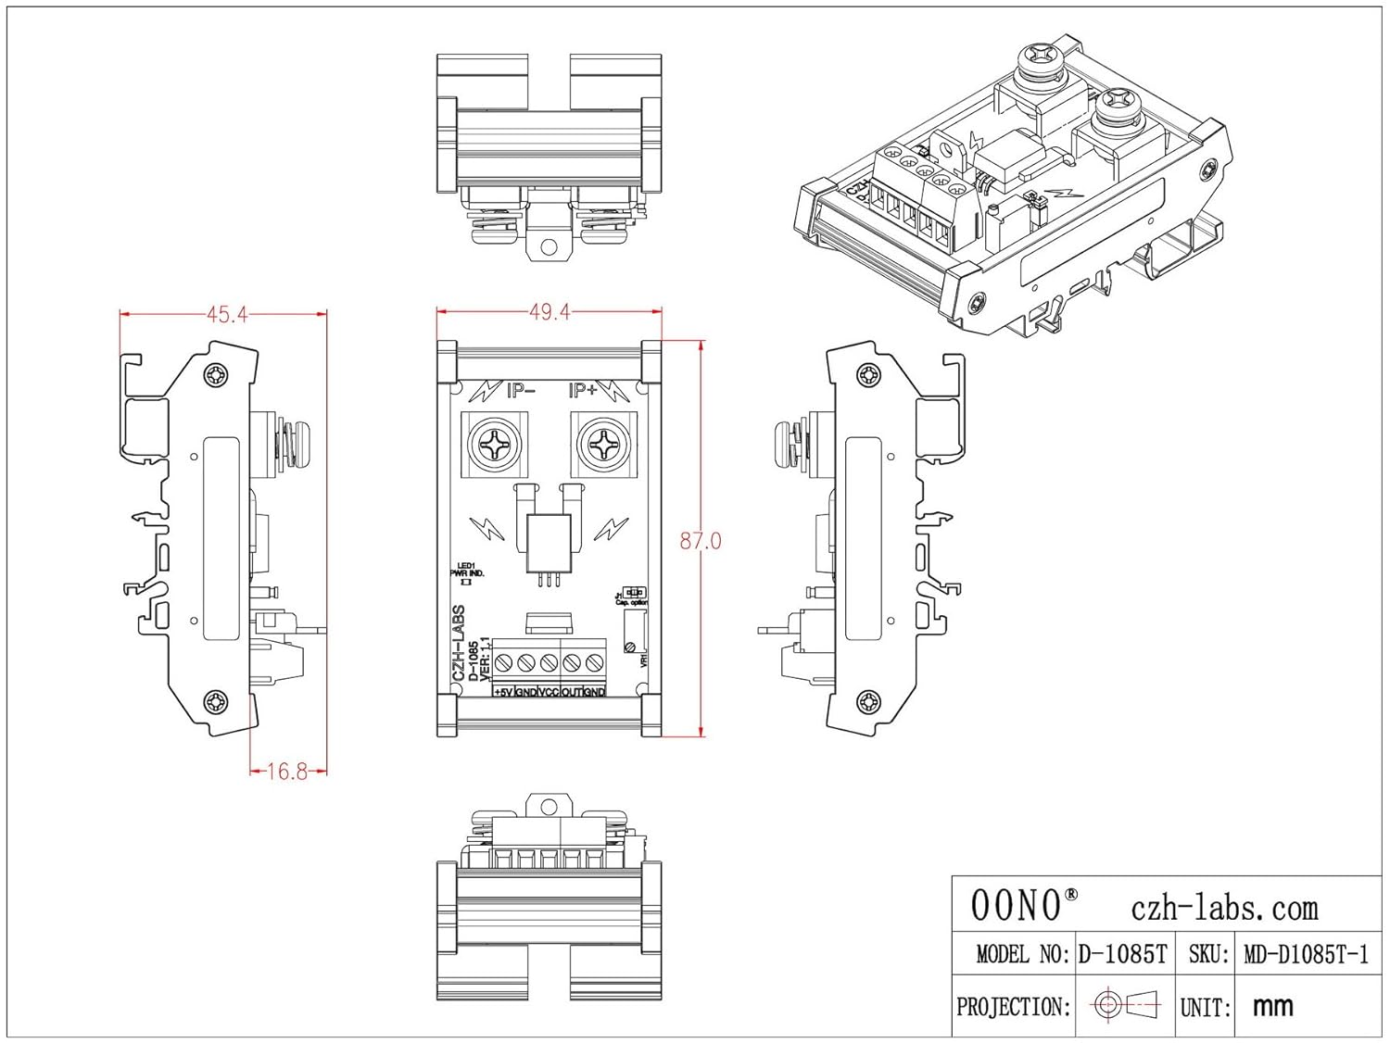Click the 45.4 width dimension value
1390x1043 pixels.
(227, 315)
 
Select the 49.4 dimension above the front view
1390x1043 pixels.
(550, 312)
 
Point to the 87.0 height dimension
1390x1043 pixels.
(700, 541)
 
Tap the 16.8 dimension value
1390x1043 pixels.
(286, 771)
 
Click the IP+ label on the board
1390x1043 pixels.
(583, 391)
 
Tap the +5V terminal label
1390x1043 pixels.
(503, 692)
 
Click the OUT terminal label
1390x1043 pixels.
(572, 692)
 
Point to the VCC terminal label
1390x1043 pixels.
(549, 692)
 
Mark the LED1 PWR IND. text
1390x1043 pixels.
(466, 571)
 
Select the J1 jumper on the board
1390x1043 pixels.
(634, 593)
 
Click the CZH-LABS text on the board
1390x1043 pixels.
(459, 644)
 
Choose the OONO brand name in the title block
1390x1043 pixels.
(1016, 905)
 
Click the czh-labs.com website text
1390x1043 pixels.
(1224, 908)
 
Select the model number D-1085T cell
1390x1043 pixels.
(1122, 954)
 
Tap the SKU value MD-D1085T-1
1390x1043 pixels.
(1306, 954)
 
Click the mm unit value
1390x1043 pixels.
(1272, 1006)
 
